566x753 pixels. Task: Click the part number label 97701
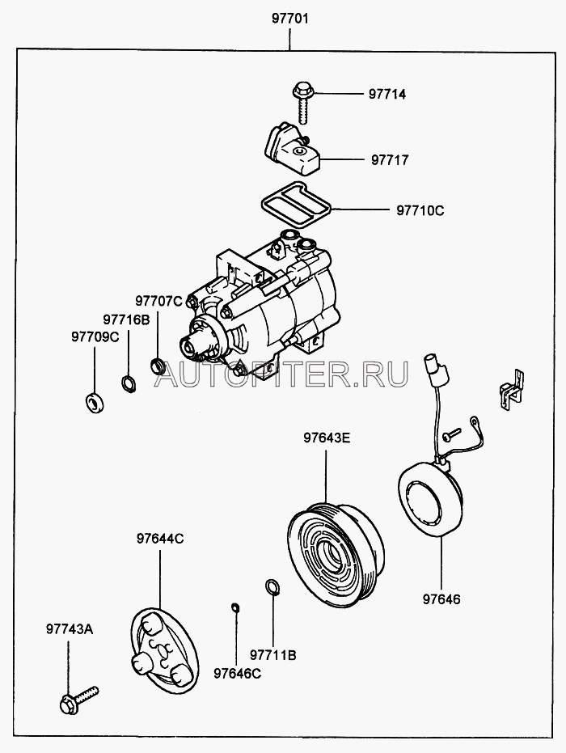[x=290, y=17]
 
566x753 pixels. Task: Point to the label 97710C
[x=420, y=211]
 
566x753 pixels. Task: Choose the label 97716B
[x=126, y=319]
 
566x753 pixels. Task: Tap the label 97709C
[x=95, y=336]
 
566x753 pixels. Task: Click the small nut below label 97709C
[x=95, y=400]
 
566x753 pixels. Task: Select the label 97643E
[x=327, y=439]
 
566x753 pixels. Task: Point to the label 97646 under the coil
[x=442, y=599]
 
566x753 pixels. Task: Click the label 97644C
[x=159, y=538]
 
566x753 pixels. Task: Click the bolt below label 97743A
[x=77, y=700]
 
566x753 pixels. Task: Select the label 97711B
[x=273, y=654]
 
